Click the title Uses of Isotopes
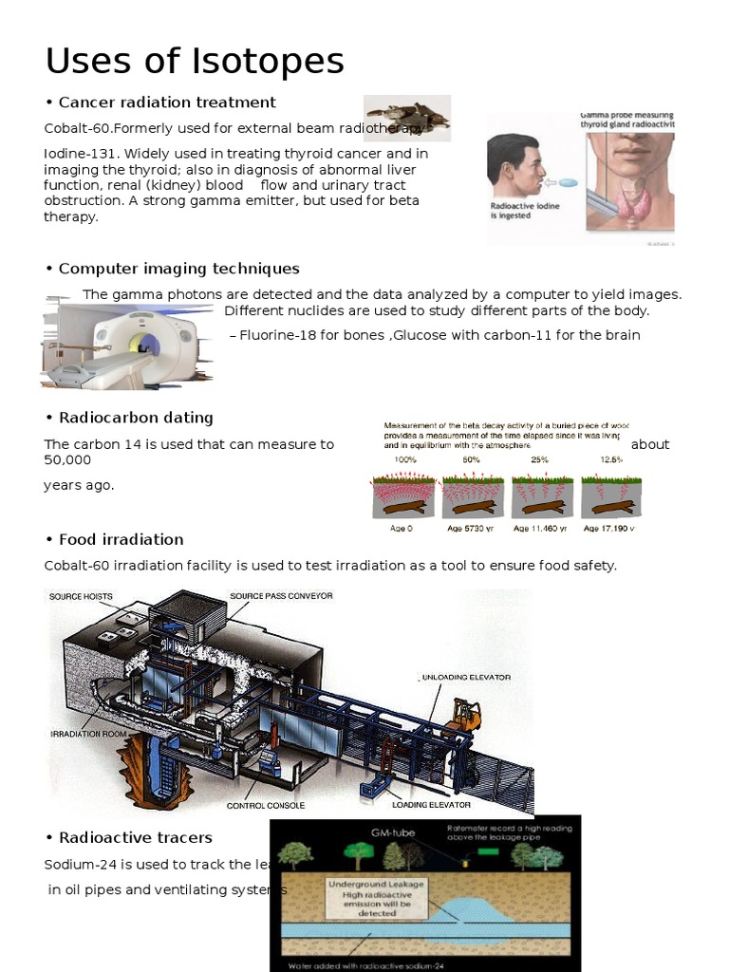195,62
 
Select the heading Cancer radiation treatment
166,103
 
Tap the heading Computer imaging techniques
178,269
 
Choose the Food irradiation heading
121,539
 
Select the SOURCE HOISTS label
81,596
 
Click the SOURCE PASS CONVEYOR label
281,596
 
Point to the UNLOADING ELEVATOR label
465,678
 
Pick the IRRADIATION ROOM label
89,734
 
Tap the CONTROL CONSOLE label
266,805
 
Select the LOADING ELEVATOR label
431,805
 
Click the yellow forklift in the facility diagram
464,717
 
